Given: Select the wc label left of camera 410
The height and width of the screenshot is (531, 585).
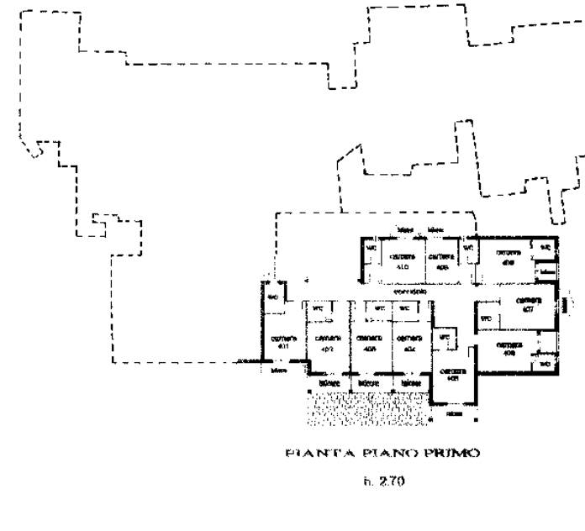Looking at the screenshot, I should pos(370,249).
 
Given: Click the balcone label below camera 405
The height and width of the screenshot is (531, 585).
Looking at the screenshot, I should pos(454,415).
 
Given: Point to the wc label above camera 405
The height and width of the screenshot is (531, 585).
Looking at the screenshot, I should pos(446,338).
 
